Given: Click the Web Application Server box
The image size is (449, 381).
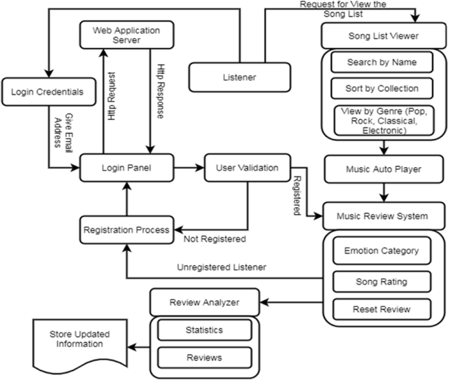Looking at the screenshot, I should pyautogui.click(x=126, y=35).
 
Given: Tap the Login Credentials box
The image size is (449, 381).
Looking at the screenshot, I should pyautogui.click(x=47, y=92).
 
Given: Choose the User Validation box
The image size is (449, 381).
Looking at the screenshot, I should pyautogui.click(x=246, y=169).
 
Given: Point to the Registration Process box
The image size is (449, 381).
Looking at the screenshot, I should pyautogui.click(x=126, y=230).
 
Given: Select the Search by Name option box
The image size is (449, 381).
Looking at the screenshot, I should pyautogui.click(x=382, y=62).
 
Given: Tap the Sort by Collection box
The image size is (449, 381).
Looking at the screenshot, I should pyautogui.click(x=382, y=88).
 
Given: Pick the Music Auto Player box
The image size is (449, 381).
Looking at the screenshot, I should pyautogui.click(x=382, y=169).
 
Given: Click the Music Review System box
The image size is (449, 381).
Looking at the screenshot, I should pyautogui.click(x=382, y=216).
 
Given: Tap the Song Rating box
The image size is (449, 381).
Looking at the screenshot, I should pyautogui.click(x=381, y=281).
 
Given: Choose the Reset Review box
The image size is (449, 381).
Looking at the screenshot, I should pyautogui.click(x=381, y=308).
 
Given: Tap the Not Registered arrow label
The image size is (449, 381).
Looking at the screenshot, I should pyautogui.click(x=214, y=239).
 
